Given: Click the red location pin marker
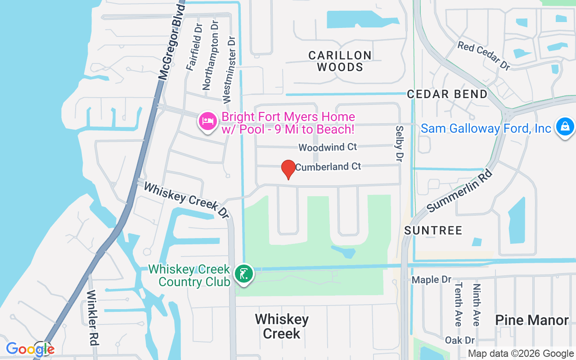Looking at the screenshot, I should [288, 169].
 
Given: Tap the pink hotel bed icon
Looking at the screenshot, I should [207, 121].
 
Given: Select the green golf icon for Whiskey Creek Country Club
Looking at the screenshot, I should [244, 274].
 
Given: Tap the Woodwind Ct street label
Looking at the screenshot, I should [328, 147].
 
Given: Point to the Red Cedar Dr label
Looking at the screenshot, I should [484, 55].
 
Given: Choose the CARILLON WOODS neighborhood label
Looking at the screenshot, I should [340, 61].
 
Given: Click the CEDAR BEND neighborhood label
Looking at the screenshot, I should [447, 94].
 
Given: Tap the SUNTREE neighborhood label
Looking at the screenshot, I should [433, 230].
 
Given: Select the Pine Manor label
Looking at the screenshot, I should [532, 320].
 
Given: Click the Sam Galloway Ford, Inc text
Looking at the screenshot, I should [486, 129].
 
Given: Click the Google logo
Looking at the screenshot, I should [30, 349].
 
